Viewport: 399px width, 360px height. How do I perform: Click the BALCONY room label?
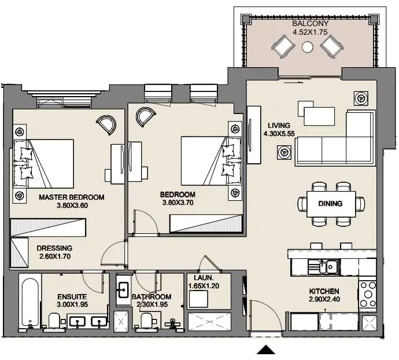click(x=310, y=23)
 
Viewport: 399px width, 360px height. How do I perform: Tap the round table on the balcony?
click(x=308, y=47)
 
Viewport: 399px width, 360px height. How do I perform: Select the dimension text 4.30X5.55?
click(x=279, y=134)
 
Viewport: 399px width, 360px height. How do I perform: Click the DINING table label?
click(x=330, y=204)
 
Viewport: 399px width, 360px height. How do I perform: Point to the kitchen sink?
click(x=323, y=267)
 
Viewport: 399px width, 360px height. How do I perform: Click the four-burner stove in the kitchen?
click(x=367, y=295)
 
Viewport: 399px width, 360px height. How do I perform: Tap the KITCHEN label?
click(x=324, y=291)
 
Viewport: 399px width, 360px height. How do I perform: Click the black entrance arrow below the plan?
click(x=266, y=350)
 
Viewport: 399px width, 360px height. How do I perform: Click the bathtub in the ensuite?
click(x=30, y=303)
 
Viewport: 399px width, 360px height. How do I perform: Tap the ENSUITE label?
click(x=72, y=296)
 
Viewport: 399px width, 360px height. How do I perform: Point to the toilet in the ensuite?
click(x=54, y=321)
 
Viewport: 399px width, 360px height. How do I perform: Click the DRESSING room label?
click(x=54, y=248)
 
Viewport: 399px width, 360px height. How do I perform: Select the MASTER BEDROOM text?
click(x=72, y=197)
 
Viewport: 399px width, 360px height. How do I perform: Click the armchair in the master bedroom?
click(x=106, y=124)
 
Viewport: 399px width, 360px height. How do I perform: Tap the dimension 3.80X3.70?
click(x=178, y=203)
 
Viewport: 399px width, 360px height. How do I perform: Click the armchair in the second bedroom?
click(x=146, y=117)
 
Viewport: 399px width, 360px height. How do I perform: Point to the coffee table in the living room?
click(x=319, y=116)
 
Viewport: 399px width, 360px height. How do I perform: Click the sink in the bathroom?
click(x=123, y=290)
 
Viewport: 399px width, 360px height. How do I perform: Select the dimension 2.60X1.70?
click(x=55, y=256)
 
